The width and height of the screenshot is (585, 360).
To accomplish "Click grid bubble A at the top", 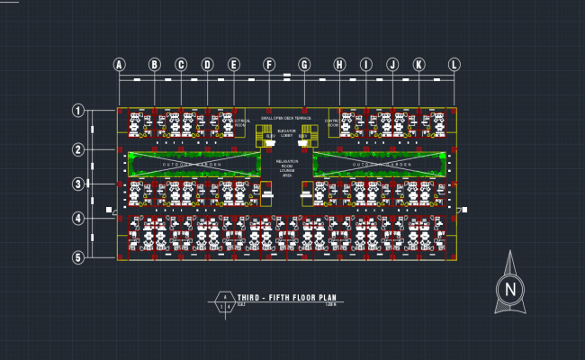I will tap(119, 64).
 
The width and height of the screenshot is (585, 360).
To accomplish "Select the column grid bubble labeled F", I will tap(268, 64).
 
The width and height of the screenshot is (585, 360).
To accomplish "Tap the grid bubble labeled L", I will tap(454, 64).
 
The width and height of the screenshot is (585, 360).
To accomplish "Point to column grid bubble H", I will tap(339, 64).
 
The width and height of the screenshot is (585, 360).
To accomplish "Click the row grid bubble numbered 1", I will tap(78, 111).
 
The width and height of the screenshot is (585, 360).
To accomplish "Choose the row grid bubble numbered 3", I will tap(78, 184).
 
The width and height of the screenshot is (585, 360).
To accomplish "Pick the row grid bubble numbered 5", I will tap(78, 257).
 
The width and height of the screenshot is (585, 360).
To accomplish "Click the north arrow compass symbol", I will tap(510, 287).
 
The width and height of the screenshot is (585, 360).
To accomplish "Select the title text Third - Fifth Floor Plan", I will tap(286, 296).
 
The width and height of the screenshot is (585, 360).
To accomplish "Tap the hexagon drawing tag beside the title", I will tap(222, 301).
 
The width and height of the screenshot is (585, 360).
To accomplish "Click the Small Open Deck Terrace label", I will tap(286, 118).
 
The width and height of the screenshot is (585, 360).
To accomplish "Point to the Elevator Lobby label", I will tap(287, 133).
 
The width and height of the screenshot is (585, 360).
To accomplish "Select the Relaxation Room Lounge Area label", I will tap(286, 168).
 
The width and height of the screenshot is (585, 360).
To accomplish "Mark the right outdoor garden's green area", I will tap(382, 165).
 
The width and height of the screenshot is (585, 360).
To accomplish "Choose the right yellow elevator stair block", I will tap(309, 135).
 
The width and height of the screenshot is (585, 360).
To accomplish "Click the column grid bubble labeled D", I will tap(207, 64).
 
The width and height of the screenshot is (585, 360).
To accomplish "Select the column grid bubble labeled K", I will tap(418, 64).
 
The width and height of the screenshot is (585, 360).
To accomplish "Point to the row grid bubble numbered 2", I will tap(78, 149).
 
